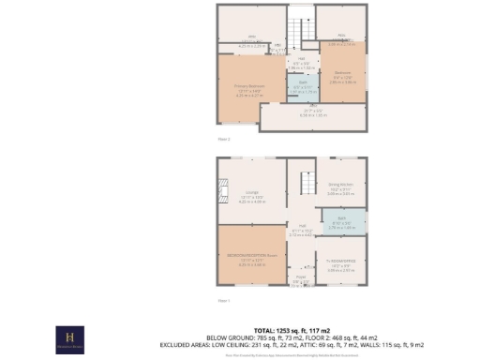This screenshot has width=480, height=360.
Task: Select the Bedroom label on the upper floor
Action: pos(342,80)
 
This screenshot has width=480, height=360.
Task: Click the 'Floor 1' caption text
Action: pos(223,300)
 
